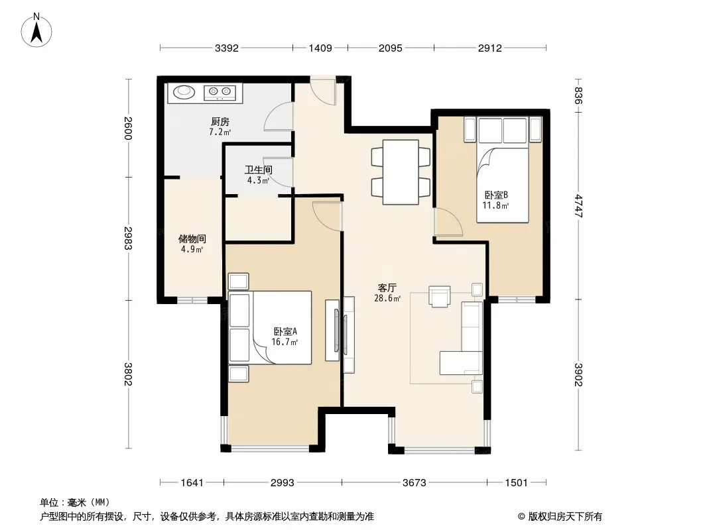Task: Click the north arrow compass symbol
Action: pos(36,30)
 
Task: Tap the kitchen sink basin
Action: pos(184,91)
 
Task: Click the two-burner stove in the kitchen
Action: pos(220,93)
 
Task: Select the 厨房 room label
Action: pos(220,122)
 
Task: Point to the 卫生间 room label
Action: pos(259,170)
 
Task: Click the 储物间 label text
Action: pos(192,238)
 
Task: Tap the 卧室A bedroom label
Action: pos(285,331)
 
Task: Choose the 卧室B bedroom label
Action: pos(496,195)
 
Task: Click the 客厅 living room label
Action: pos(387,288)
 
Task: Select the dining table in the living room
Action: pos(401,172)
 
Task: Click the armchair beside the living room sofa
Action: pos(439,296)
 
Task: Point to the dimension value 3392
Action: pos(226,48)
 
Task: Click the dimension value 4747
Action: pos(579,206)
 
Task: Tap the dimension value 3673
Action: pos(414,483)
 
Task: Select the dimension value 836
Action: pos(579,95)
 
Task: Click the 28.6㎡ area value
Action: pos(387,298)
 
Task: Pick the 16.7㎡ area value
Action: pos(285,343)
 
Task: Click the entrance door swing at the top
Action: pos(323,91)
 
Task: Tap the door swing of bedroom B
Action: pos(448,222)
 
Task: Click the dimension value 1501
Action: pos(516,483)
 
